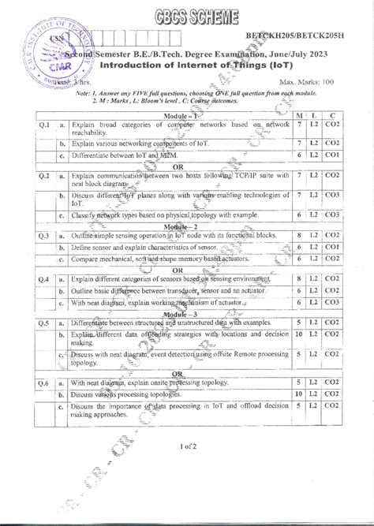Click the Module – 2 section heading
pos(183,226)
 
